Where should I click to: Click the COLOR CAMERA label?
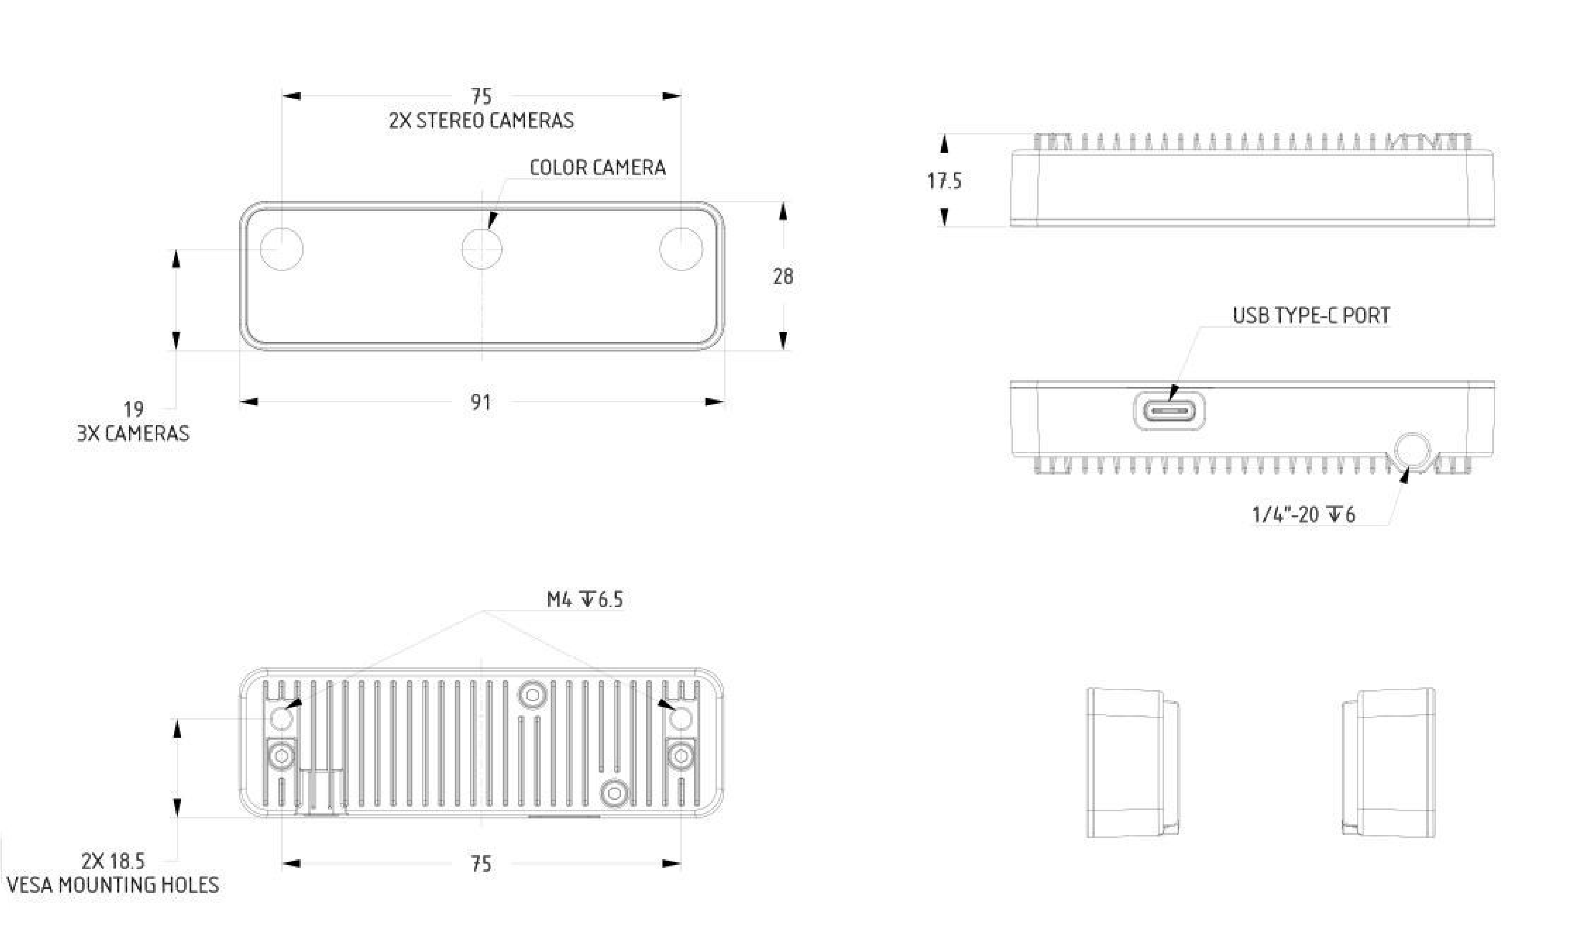[x=597, y=168]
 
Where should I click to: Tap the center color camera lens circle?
[x=481, y=248]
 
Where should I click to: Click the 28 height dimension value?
[x=782, y=276]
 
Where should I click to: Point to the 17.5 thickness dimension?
[x=945, y=181]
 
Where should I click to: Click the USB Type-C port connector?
[x=1169, y=410]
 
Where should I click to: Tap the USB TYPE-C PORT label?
[x=1311, y=315]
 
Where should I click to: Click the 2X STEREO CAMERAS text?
[x=481, y=120]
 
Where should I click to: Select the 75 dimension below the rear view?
[x=481, y=864]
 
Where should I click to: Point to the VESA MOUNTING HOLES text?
[x=113, y=885]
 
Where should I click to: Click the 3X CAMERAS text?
[x=133, y=433]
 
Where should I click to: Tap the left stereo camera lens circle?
[x=282, y=248]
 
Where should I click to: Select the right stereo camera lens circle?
[x=681, y=248]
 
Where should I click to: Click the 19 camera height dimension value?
[x=133, y=409]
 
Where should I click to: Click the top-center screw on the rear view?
[x=532, y=694]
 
